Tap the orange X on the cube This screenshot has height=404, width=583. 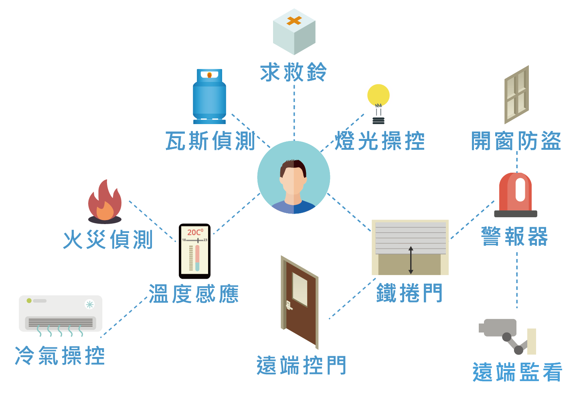[294, 21]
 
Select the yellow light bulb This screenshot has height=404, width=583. [378, 96]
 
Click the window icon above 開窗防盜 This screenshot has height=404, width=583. [516, 95]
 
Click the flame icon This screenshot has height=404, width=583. [105, 201]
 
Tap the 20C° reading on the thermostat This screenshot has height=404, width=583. [195, 232]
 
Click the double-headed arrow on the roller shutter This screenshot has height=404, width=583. [411, 260]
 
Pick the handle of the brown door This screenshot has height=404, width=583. [288, 305]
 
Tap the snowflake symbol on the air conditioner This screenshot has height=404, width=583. [90, 304]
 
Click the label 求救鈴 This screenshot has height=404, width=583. [294, 73]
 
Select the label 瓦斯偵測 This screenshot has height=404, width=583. [211, 141]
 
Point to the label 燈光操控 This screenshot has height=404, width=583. [380, 141]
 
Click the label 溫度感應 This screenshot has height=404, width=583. [194, 294]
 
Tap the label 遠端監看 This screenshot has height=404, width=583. [518, 372]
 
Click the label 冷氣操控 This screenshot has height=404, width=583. [60, 356]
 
